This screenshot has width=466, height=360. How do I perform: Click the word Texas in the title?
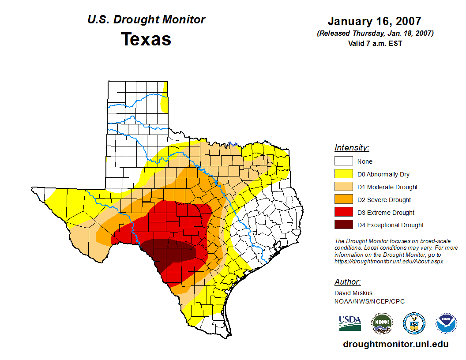tap(146, 39)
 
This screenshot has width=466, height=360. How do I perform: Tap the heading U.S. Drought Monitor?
tap(146, 20)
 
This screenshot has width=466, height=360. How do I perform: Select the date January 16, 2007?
tap(375, 21)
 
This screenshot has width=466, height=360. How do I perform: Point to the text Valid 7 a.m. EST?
tap(375, 43)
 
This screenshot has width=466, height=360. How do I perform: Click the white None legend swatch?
tap(343, 161)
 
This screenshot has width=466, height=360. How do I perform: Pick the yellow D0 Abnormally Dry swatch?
tap(343, 174)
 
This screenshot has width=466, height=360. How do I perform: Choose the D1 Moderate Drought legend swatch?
tap(343, 187)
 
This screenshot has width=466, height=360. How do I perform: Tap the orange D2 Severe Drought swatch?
tap(343, 200)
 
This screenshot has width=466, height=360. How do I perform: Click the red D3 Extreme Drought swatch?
tap(343, 213)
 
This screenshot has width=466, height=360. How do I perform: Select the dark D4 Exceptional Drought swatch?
tap(343, 225)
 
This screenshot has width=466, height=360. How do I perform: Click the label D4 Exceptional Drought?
tap(391, 225)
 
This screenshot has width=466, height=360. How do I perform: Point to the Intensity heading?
tap(352, 148)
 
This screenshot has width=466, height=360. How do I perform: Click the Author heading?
tap(347, 282)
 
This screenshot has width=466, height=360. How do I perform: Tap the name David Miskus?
tap(353, 293)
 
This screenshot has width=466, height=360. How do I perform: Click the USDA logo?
tap(350, 323)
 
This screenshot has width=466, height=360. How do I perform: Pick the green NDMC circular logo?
tap(382, 323)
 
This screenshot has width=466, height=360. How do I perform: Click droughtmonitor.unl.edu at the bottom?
tap(395, 344)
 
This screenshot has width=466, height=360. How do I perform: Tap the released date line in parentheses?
tap(375, 34)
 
